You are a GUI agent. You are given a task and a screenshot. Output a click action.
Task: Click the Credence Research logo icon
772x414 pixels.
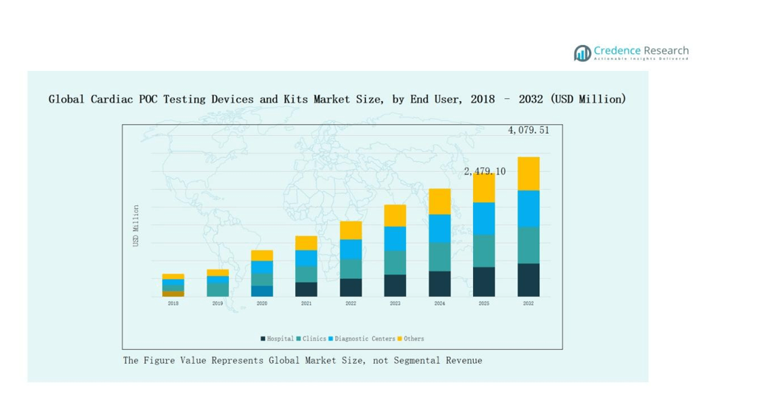582,52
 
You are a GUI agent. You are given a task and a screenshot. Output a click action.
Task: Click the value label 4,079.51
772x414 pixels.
528,131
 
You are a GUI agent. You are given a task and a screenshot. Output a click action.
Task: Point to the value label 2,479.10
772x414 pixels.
485,171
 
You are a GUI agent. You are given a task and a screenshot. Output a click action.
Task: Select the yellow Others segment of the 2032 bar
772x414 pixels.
528,173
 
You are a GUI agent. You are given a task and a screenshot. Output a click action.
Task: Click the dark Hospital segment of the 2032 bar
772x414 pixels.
528,280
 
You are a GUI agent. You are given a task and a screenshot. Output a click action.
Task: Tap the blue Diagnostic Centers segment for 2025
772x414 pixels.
484,218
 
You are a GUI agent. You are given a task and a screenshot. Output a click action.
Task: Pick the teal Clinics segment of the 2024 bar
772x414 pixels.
440,257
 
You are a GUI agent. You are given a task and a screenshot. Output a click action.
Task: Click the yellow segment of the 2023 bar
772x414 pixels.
395,215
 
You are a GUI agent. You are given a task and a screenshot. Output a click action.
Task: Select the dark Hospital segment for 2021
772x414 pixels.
306,289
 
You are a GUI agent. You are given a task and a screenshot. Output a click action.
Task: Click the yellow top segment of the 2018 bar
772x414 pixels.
173,277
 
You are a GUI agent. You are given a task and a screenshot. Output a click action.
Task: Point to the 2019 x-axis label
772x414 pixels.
218,303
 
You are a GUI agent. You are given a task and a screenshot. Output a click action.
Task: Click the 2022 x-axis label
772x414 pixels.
351,303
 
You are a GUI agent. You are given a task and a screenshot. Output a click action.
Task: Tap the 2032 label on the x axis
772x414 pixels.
528,303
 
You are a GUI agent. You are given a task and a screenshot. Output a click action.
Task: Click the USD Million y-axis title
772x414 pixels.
136,226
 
